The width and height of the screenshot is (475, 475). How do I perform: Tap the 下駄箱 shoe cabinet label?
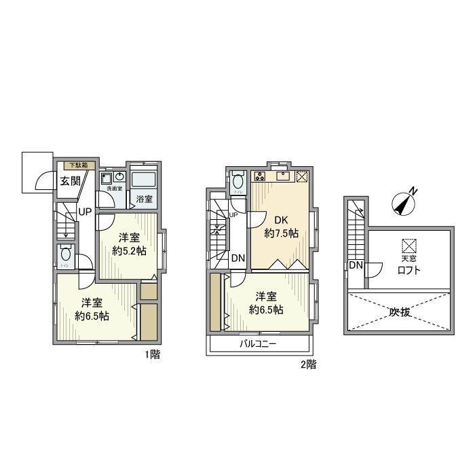[79, 165]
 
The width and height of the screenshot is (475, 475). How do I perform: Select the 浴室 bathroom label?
[145, 199]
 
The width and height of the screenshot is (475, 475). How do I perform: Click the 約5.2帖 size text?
[130, 250]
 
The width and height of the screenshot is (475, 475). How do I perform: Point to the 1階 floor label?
[151, 355]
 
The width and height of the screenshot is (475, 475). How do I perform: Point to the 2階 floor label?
[308, 364]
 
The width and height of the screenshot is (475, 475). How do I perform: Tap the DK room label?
[281, 220]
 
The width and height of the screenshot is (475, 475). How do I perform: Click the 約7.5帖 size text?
[281, 233]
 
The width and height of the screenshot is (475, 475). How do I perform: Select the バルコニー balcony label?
[258, 344]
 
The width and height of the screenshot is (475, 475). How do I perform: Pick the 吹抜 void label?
[401, 312]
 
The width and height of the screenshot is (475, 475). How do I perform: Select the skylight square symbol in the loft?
[408, 245]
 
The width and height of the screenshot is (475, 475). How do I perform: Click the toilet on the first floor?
[65, 256]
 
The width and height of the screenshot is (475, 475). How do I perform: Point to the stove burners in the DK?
[260, 177]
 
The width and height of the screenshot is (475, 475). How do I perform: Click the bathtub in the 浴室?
[144, 180]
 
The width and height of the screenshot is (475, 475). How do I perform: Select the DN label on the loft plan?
[356, 265]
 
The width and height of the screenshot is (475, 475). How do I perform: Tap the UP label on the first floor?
[85, 212]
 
